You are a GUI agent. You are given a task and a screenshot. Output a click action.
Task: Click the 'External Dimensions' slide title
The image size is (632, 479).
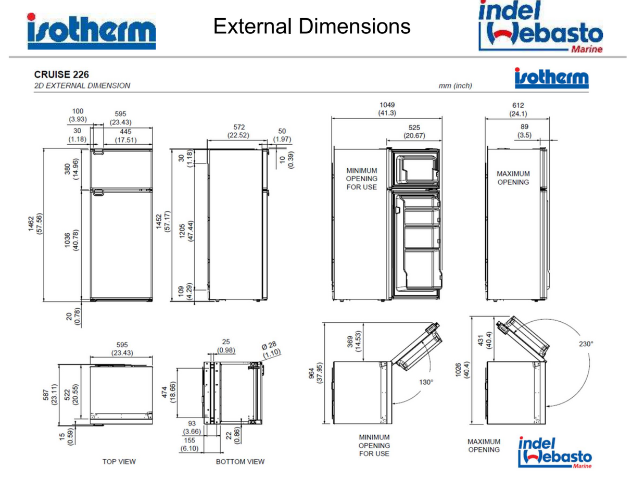coord(311,26)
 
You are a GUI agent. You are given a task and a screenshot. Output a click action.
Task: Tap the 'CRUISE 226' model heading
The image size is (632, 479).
coord(61,74)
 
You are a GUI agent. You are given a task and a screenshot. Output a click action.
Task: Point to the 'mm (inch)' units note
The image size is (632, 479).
coord(455,85)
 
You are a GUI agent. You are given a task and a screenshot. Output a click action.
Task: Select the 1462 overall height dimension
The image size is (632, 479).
coord(31,223)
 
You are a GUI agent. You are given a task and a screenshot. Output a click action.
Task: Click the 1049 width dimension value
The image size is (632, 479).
coord(387,105)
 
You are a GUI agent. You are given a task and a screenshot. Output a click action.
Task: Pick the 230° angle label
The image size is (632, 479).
coord(586,344)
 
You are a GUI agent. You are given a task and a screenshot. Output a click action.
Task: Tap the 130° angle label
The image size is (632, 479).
coord(426,382)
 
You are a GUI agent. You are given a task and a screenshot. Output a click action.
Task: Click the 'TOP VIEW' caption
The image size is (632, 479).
coord(119,461)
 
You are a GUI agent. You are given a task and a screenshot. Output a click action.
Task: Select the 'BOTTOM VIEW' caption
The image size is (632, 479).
coord(240,461)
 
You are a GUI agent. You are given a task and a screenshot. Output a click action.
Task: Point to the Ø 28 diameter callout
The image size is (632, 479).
coord(269,345)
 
